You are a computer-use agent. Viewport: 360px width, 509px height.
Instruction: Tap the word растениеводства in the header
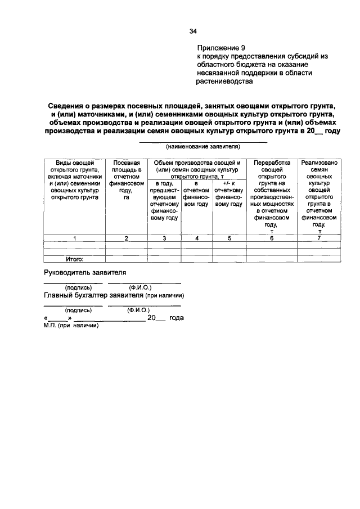pos(224,81)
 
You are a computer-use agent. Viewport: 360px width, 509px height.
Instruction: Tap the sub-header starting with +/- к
pos(228,193)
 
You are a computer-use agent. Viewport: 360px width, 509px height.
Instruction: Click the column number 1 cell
pos(74,238)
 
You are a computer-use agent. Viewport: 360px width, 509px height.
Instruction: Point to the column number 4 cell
pos(197,238)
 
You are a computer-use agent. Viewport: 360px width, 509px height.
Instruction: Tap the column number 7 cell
pos(319,238)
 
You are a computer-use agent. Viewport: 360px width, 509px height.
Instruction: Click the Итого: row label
pos(74,259)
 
